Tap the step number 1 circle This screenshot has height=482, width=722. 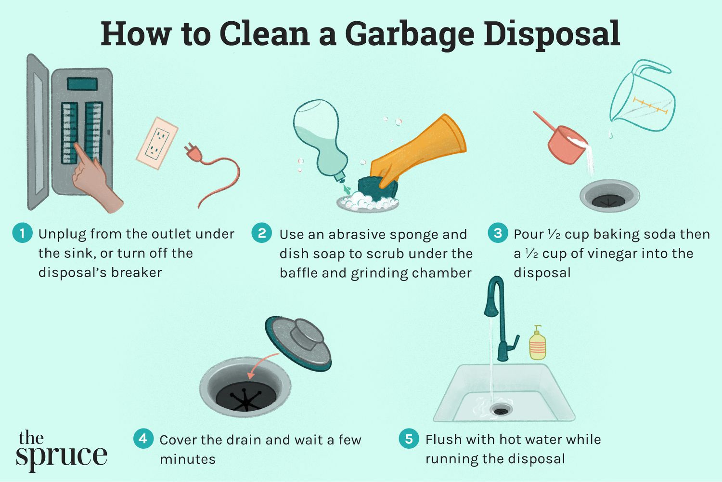click(22, 233)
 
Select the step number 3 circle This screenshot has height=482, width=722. click(498, 233)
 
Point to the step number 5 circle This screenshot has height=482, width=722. click(409, 439)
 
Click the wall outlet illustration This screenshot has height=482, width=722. click(157, 143)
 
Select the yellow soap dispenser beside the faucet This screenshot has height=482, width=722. click(538, 344)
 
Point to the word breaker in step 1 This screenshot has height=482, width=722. click(137, 273)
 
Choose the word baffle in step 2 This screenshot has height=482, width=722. click(298, 273)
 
